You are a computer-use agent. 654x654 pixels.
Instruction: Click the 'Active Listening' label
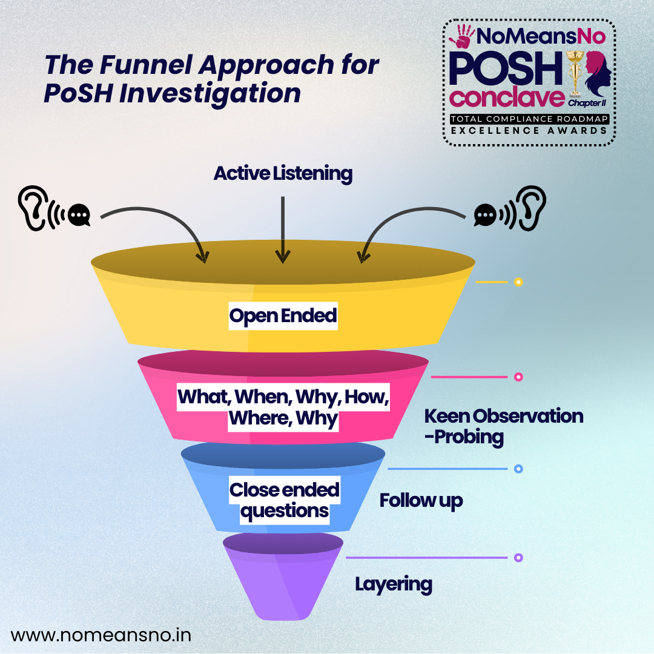click(x=283, y=174)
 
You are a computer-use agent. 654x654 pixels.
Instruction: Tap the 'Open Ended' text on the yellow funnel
click(x=283, y=316)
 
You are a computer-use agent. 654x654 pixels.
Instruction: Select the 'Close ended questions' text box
click(x=284, y=501)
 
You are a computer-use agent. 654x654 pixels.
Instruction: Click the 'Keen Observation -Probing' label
click(x=503, y=426)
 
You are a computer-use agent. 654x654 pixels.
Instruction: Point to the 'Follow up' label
click(x=421, y=500)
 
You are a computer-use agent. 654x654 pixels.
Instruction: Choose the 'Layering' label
click(x=394, y=584)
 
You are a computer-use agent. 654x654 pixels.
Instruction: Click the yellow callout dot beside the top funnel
click(x=518, y=282)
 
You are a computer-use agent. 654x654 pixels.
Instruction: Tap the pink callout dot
click(x=518, y=377)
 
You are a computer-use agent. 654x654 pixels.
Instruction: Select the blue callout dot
click(x=518, y=469)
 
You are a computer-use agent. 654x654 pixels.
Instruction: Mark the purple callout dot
click(x=518, y=557)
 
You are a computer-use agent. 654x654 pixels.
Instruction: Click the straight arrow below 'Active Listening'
click(x=282, y=229)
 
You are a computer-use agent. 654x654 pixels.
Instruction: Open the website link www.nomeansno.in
click(x=101, y=635)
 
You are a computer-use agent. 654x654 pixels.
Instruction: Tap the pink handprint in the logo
click(x=462, y=36)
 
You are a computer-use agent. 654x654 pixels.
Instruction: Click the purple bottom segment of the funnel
click(x=283, y=581)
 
